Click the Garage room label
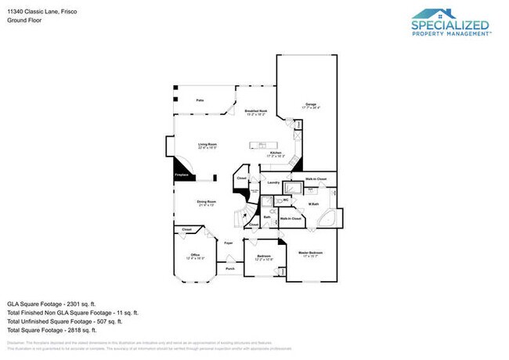(311, 105)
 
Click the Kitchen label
(276, 154)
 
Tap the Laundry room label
(273, 183)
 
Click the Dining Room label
(206, 203)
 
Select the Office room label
(195, 256)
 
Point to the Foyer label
(229, 243)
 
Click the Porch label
(230, 268)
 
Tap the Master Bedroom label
(311, 254)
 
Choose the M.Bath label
(313, 204)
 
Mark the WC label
(286, 200)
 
